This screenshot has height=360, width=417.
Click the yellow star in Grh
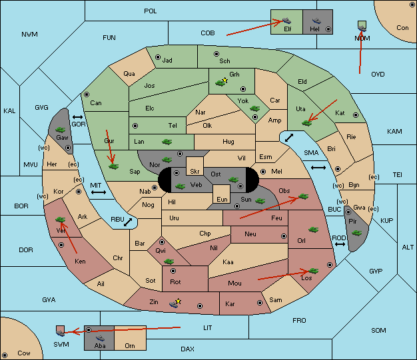click(x=225, y=80)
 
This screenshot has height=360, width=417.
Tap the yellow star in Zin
click(x=178, y=301)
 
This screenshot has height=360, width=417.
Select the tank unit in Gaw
click(x=61, y=130)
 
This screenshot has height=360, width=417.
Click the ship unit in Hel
click(x=316, y=21)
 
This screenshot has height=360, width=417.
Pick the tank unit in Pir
click(x=356, y=233)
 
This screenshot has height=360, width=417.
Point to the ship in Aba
click(x=100, y=337)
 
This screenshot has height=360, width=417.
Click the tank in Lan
click(x=167, y=142)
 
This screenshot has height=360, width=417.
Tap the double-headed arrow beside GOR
click(x=77, y=117)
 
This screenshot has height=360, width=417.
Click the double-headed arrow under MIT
click(x=99, y=192)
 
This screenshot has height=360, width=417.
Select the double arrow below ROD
click(x=340, y=244)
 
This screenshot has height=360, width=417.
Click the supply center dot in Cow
click(x=5, y=355)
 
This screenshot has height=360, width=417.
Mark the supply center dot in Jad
click(x=158, y=57)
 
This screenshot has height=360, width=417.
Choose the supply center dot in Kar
click(x=260, y=303)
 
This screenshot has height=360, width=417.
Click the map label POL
click(x=151, y=11)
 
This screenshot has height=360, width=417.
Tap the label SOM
click(x=378, y=330)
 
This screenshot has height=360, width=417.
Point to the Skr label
click(x=195, y=172)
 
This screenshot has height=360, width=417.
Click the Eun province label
click(x=222, y=199)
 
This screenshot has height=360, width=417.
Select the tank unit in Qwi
click(x=169, y=262)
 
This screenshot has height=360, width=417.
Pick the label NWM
click(x=29, y=35)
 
